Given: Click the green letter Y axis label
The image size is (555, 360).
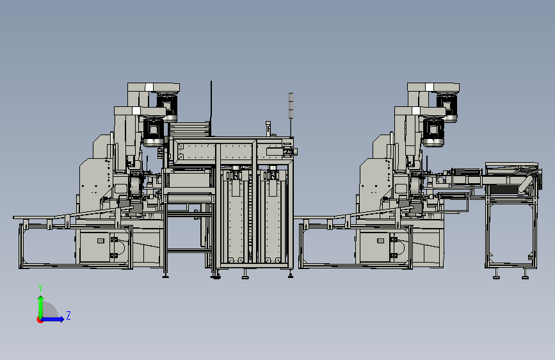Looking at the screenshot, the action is pos(40,288).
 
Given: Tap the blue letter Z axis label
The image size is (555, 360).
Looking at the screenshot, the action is pos(68,315).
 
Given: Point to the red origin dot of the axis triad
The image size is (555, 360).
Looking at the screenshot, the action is pos(40,320).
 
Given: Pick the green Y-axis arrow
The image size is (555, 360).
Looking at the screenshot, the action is pos(41,307).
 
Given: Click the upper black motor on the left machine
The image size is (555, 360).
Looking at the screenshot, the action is pos(166,107).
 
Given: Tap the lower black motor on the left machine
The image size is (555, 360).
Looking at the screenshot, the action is pos(153,131).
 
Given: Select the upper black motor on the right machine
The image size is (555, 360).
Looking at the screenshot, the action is pos(447,107).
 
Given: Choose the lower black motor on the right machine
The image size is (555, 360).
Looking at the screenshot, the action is pos(433,131).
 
